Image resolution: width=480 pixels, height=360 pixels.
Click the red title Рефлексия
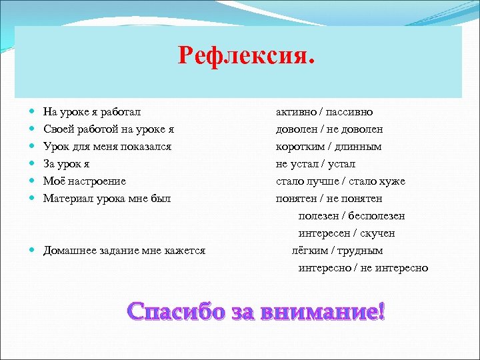[245, 55]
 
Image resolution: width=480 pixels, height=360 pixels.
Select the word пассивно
[349, 111]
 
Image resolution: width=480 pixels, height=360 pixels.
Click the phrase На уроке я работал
[92, 111]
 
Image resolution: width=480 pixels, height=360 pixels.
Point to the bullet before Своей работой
[33, 129]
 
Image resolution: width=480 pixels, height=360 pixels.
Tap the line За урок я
[67, 163]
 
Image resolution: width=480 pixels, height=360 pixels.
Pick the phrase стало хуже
[381, 181]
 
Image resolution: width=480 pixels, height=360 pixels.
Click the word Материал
[67, 198]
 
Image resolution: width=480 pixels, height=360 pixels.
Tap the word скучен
[376, 233]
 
